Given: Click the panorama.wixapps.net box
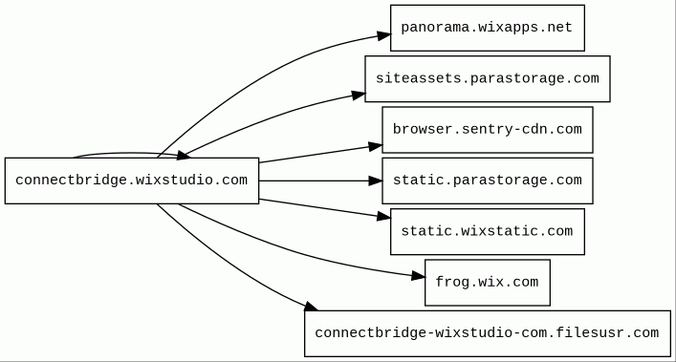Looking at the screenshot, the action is [x=488, y=28].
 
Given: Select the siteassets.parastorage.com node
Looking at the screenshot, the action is [x=488, y=78].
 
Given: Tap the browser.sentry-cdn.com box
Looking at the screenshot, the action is [x=488, y=130].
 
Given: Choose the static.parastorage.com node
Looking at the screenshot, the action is [x=488, y=181].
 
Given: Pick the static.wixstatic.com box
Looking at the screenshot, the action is [x=488, y=231].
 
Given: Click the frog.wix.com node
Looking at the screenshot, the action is [x=488, y=283].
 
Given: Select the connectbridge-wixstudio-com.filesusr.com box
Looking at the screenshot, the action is [x=488, y=333].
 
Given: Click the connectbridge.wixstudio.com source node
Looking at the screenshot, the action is [x=132, y=181].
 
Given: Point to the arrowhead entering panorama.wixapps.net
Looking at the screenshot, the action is [x=384, y=35].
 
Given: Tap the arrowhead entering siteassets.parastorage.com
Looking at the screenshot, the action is [x=359, y=96].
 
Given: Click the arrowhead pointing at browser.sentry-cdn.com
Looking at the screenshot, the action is [x=376, y=147].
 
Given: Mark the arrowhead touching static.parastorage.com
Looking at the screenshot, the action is [x=376, y=181].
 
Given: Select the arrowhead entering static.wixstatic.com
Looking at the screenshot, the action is [x=384, y=217].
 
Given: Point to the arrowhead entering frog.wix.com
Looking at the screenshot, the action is [x=419, y=276].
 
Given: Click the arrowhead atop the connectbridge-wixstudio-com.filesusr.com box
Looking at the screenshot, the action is [x=312, y=307].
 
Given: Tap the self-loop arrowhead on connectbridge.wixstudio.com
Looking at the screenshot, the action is [x=185, y=156].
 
